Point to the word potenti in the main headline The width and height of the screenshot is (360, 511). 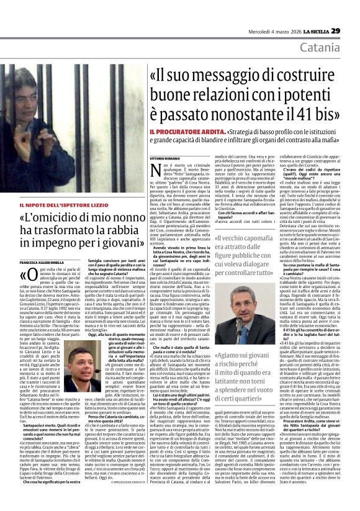click(x=295, y=93)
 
